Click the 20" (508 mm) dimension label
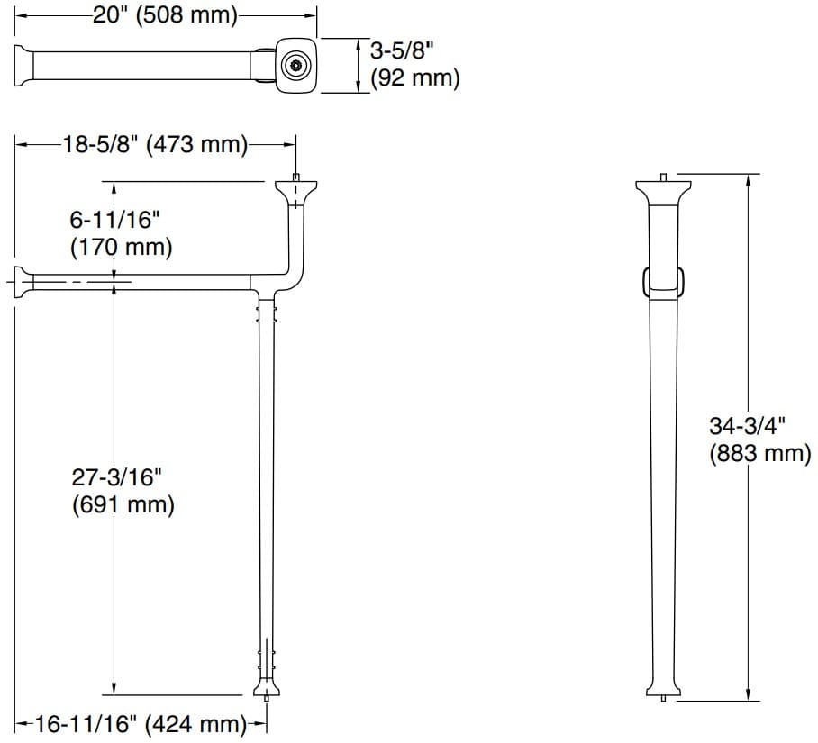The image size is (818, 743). coord(165,15)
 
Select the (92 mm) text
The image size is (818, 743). coord(415,78)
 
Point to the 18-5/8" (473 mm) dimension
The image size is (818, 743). coord(155,144)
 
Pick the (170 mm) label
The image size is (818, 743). coord(121,246)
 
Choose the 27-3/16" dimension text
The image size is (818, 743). coord(114,476)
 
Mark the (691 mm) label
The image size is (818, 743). coord(123,504)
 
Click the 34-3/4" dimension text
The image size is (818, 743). coord(748,426)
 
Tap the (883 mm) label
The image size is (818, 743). coord(760,453)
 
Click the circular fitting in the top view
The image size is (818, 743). coord(295,66)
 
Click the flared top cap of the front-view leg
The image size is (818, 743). coord(663,189)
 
